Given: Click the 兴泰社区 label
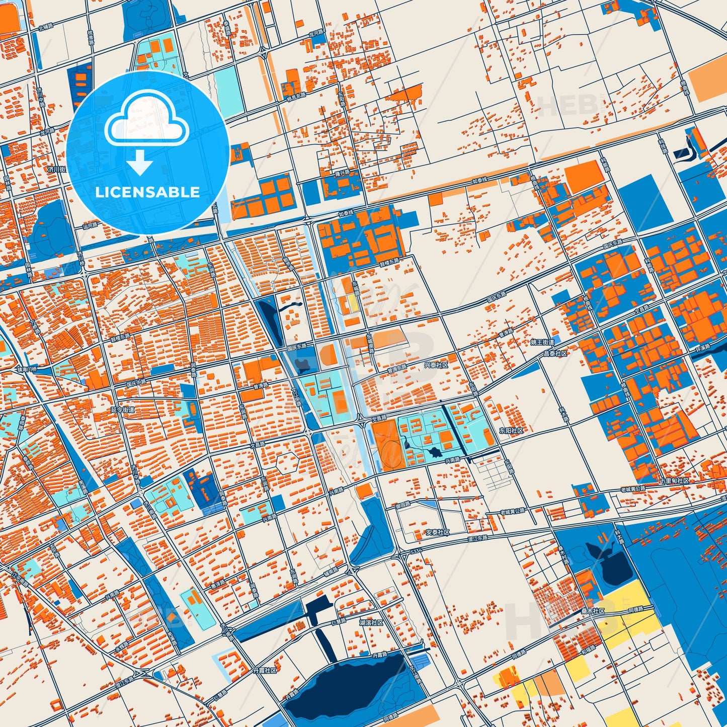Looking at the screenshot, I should [x=436, y=365].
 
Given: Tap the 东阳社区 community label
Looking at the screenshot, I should [x=511, y=431].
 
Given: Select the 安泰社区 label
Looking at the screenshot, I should [x=437, y=532].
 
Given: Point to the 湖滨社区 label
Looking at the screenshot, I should [x=371, y=622].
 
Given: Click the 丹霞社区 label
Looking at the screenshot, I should [x=264, y=671].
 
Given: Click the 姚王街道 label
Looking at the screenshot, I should [x=542, y=342].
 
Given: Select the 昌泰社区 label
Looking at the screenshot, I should [x=555, y=353].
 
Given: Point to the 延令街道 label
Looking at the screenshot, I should [x=123, y=410].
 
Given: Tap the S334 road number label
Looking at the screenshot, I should [x=416, y=552].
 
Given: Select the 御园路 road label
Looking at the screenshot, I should [x=403, y=505].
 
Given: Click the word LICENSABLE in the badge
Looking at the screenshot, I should [x=147, y=192].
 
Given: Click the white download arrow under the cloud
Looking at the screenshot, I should [x=140, y=163].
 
